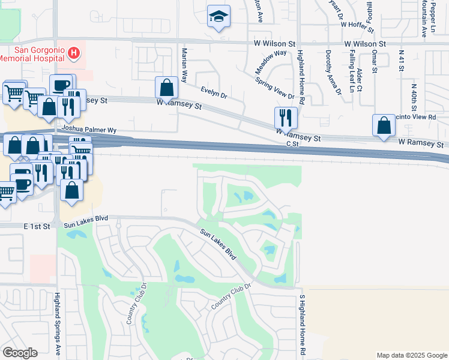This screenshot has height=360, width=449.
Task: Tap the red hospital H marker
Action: coord(74,53)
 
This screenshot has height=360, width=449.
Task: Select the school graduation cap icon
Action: coord(218,17)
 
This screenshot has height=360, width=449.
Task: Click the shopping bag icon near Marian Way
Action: coord(166,88)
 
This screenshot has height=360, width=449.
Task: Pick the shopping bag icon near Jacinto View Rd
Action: coord(384,125)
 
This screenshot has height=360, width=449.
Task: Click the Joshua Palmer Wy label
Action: coord(88,130)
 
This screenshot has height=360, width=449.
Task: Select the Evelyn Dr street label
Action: coord(214,92)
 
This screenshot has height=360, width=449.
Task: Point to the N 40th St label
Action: coord(414,94)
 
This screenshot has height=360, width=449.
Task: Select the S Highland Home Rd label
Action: coord(303,325)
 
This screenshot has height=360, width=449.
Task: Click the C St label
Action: coord(292,144)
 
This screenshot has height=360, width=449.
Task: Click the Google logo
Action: coord(20,353)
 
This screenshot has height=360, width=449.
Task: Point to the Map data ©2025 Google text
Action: coord(411,355)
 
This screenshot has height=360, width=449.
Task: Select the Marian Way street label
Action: coord(185,66)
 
